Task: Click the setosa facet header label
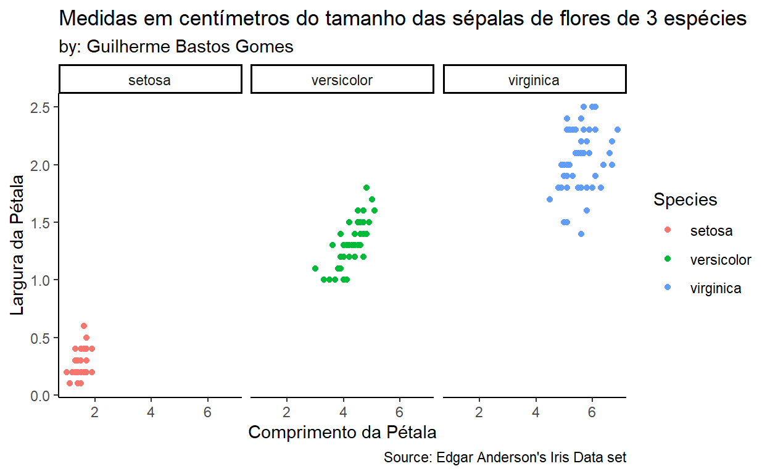150,80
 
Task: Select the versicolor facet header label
342,80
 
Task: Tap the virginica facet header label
534,80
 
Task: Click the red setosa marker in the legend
667,231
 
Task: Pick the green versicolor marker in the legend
667,259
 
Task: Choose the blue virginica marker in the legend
667,288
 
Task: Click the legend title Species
685,199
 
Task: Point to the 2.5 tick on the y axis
41,107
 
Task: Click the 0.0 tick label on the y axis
41,396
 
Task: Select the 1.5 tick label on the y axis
41,222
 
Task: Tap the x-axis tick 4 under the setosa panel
151,412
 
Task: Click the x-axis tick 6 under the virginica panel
592,412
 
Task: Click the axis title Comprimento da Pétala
342,432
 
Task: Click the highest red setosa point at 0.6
84,326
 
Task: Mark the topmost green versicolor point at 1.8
366,188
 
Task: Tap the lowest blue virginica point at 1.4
581,234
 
